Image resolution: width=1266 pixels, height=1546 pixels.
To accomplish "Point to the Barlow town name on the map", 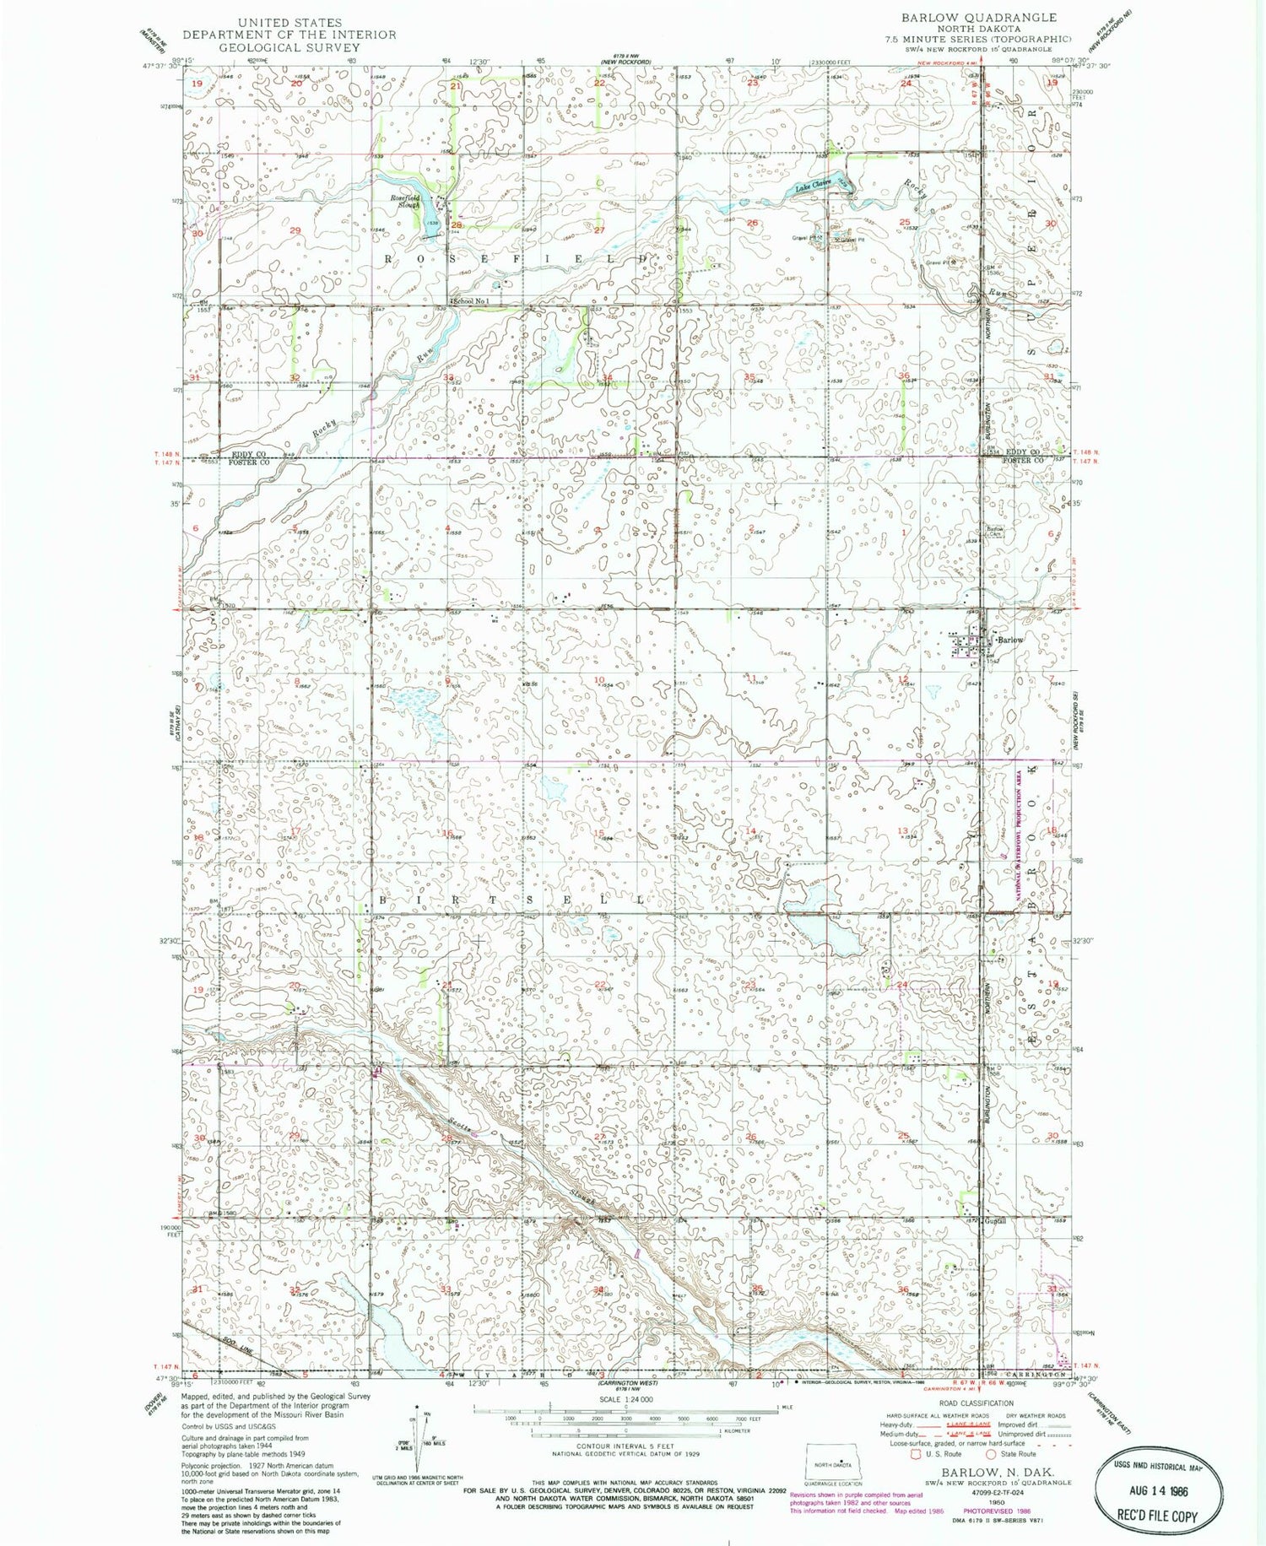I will click(x=1010, y=640).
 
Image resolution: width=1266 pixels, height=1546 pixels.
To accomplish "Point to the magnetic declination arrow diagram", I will click(x=417, y=1435).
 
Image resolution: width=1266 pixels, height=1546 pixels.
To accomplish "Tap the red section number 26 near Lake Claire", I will click(x=751, y=223).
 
